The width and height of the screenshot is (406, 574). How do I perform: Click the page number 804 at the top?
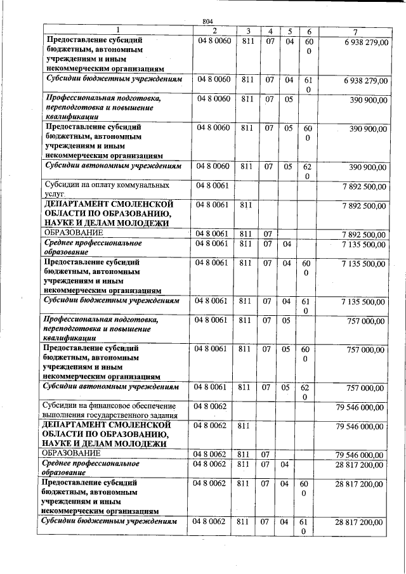[207, 22]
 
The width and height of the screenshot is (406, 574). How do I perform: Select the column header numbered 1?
[117, 31]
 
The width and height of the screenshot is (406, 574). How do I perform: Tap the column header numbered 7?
[355, 32]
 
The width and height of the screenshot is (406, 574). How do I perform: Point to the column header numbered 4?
[270, 32]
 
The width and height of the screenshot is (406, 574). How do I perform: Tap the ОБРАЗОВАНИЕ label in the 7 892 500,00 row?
[73, 233]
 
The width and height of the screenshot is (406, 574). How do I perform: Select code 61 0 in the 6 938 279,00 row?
[308, 85]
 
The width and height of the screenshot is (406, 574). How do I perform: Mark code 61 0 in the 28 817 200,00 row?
[308, 526]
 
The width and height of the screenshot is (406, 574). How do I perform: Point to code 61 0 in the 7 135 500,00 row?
[308, 305]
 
